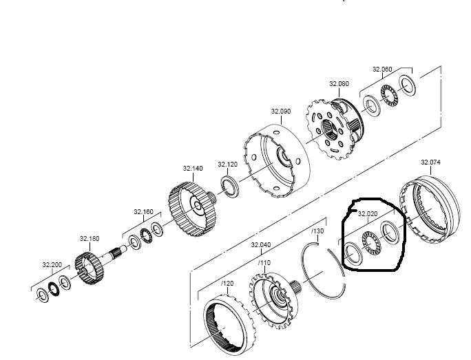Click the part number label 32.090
click(x=281, y=112)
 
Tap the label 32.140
click(x=193, y=169)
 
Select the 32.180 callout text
click(x=90, y=239)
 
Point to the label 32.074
click(x=430, y=162)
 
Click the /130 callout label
click(x=317, y=231)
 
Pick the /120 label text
click(x=227, y=284)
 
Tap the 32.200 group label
click(x=52, y=265)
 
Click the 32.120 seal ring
click(x=230, y=187)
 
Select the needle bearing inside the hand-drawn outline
click(x=371, y=244)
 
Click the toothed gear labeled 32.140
click(x=192, y=209)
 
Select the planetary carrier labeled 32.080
click(x=335, y=129)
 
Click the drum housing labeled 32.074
click(x=430, y=209)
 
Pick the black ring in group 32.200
click(x=54, y=289)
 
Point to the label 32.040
click(x=261, y=245)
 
